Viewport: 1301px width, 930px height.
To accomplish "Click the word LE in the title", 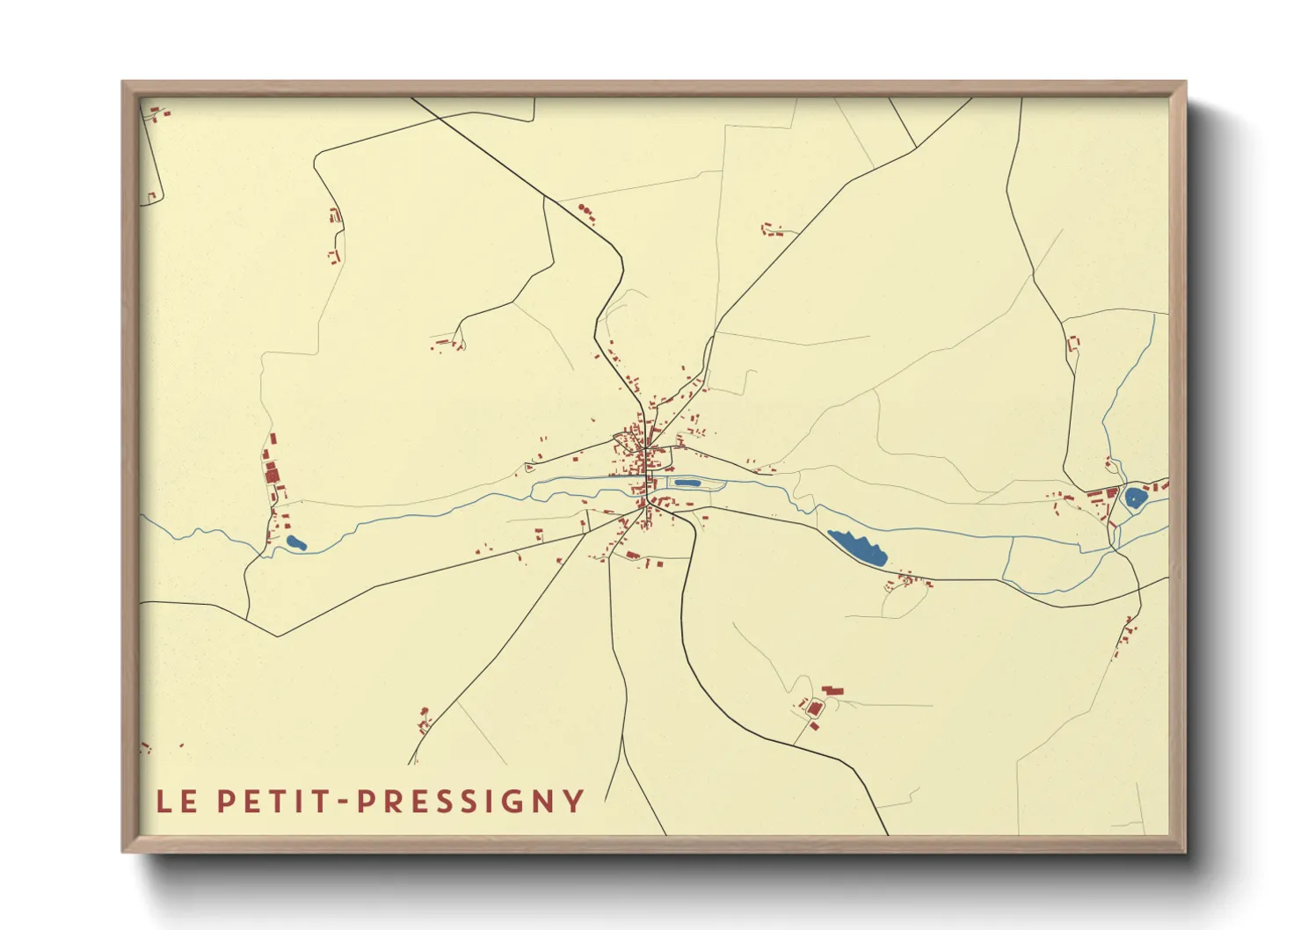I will pos(177,801).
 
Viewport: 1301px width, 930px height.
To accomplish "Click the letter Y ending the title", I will pos(574,801).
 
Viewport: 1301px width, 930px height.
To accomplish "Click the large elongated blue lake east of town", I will pos(857,547).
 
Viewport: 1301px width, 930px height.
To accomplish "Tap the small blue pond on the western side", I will pos(296,542).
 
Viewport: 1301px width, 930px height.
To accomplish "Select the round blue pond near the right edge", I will pos(1135,498).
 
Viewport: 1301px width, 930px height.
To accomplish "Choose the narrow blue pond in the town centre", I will pos(687,483).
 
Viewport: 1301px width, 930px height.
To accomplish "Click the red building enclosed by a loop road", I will pos(814,708).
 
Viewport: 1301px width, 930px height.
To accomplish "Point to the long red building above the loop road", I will pos(832,691).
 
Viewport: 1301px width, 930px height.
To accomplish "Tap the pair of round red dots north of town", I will pos(585,209).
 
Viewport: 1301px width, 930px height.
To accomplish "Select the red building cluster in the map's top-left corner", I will pos(157,113).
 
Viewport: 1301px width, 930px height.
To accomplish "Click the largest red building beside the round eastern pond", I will pos(1111,492).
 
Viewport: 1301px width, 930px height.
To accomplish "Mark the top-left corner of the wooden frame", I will pos(123,83).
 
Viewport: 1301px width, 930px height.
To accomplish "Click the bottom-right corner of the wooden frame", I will pos(1185,851).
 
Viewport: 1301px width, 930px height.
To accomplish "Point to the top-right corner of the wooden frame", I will pos(1185,83).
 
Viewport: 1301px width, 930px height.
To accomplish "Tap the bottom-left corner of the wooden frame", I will pos(123,851).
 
